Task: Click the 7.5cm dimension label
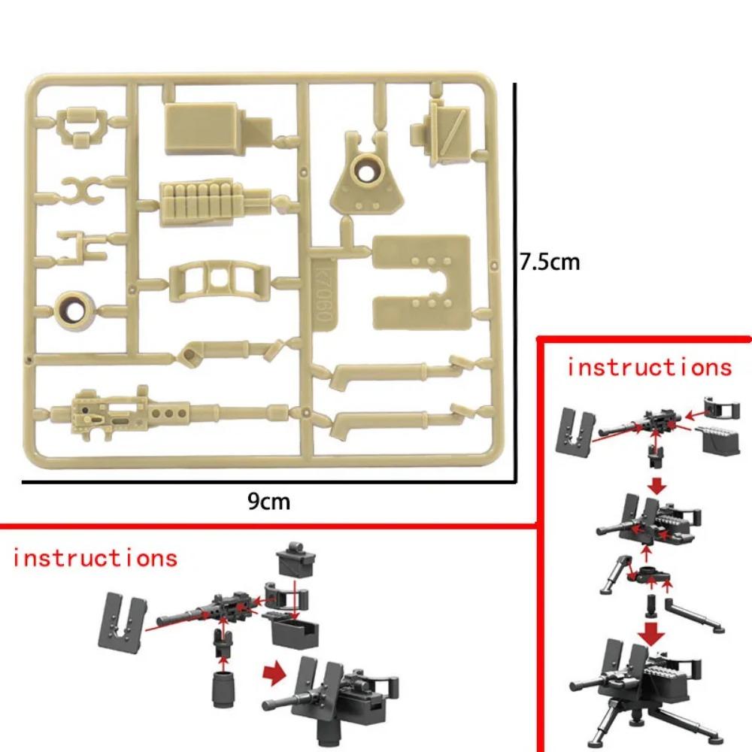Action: [x=550, y=262]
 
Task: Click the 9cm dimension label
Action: [x=269, y=502]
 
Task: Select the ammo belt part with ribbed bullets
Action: [x=214, y=204]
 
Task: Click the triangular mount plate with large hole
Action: [x=368, y=174]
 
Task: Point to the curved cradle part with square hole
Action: [x=220, y=283]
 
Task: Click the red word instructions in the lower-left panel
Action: [x=95, y=558]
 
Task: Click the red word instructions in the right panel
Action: [x=650, y=368]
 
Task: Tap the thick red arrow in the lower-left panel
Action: [x=274, y=674]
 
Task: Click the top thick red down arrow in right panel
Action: [x=657, y=487]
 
